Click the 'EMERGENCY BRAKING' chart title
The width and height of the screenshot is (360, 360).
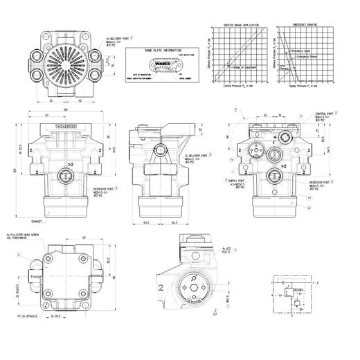(x=305, y=25)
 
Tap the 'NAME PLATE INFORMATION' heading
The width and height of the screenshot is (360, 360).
(x=161, y=51)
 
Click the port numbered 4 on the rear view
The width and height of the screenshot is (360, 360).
(x=275, y=137)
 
